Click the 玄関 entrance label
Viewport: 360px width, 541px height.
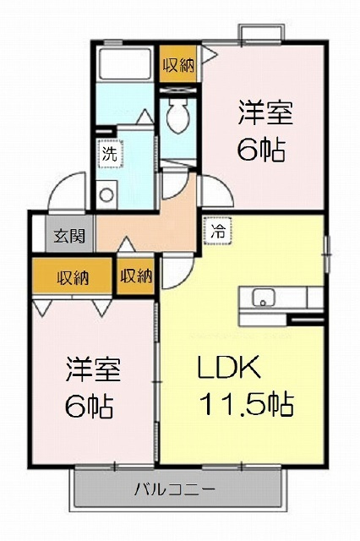(x=69, y=236)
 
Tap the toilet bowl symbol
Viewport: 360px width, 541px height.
(x=178, y=115)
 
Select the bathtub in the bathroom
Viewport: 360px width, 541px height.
(x=125, y=63)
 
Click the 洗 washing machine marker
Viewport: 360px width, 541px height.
(x=110, y=154)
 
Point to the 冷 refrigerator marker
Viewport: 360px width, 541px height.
(x=218, y=231)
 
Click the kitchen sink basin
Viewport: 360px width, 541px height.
(x=264, y=298)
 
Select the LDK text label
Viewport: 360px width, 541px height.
(x=228, y=368)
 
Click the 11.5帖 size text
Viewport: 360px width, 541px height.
(x=247, y=404)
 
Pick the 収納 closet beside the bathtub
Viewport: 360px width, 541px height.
(x=178, y=64)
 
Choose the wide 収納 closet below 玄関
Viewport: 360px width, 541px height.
(x=73, y=276)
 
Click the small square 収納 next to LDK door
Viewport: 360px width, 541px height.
(x=136, y=276)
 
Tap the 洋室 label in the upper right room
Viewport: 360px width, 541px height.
(x=265, y=112)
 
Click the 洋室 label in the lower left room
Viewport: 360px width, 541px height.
(x=93, y=369)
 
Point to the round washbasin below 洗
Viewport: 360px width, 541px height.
(x=106, y=195)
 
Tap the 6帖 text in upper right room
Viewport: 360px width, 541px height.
(x=262, y=150)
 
